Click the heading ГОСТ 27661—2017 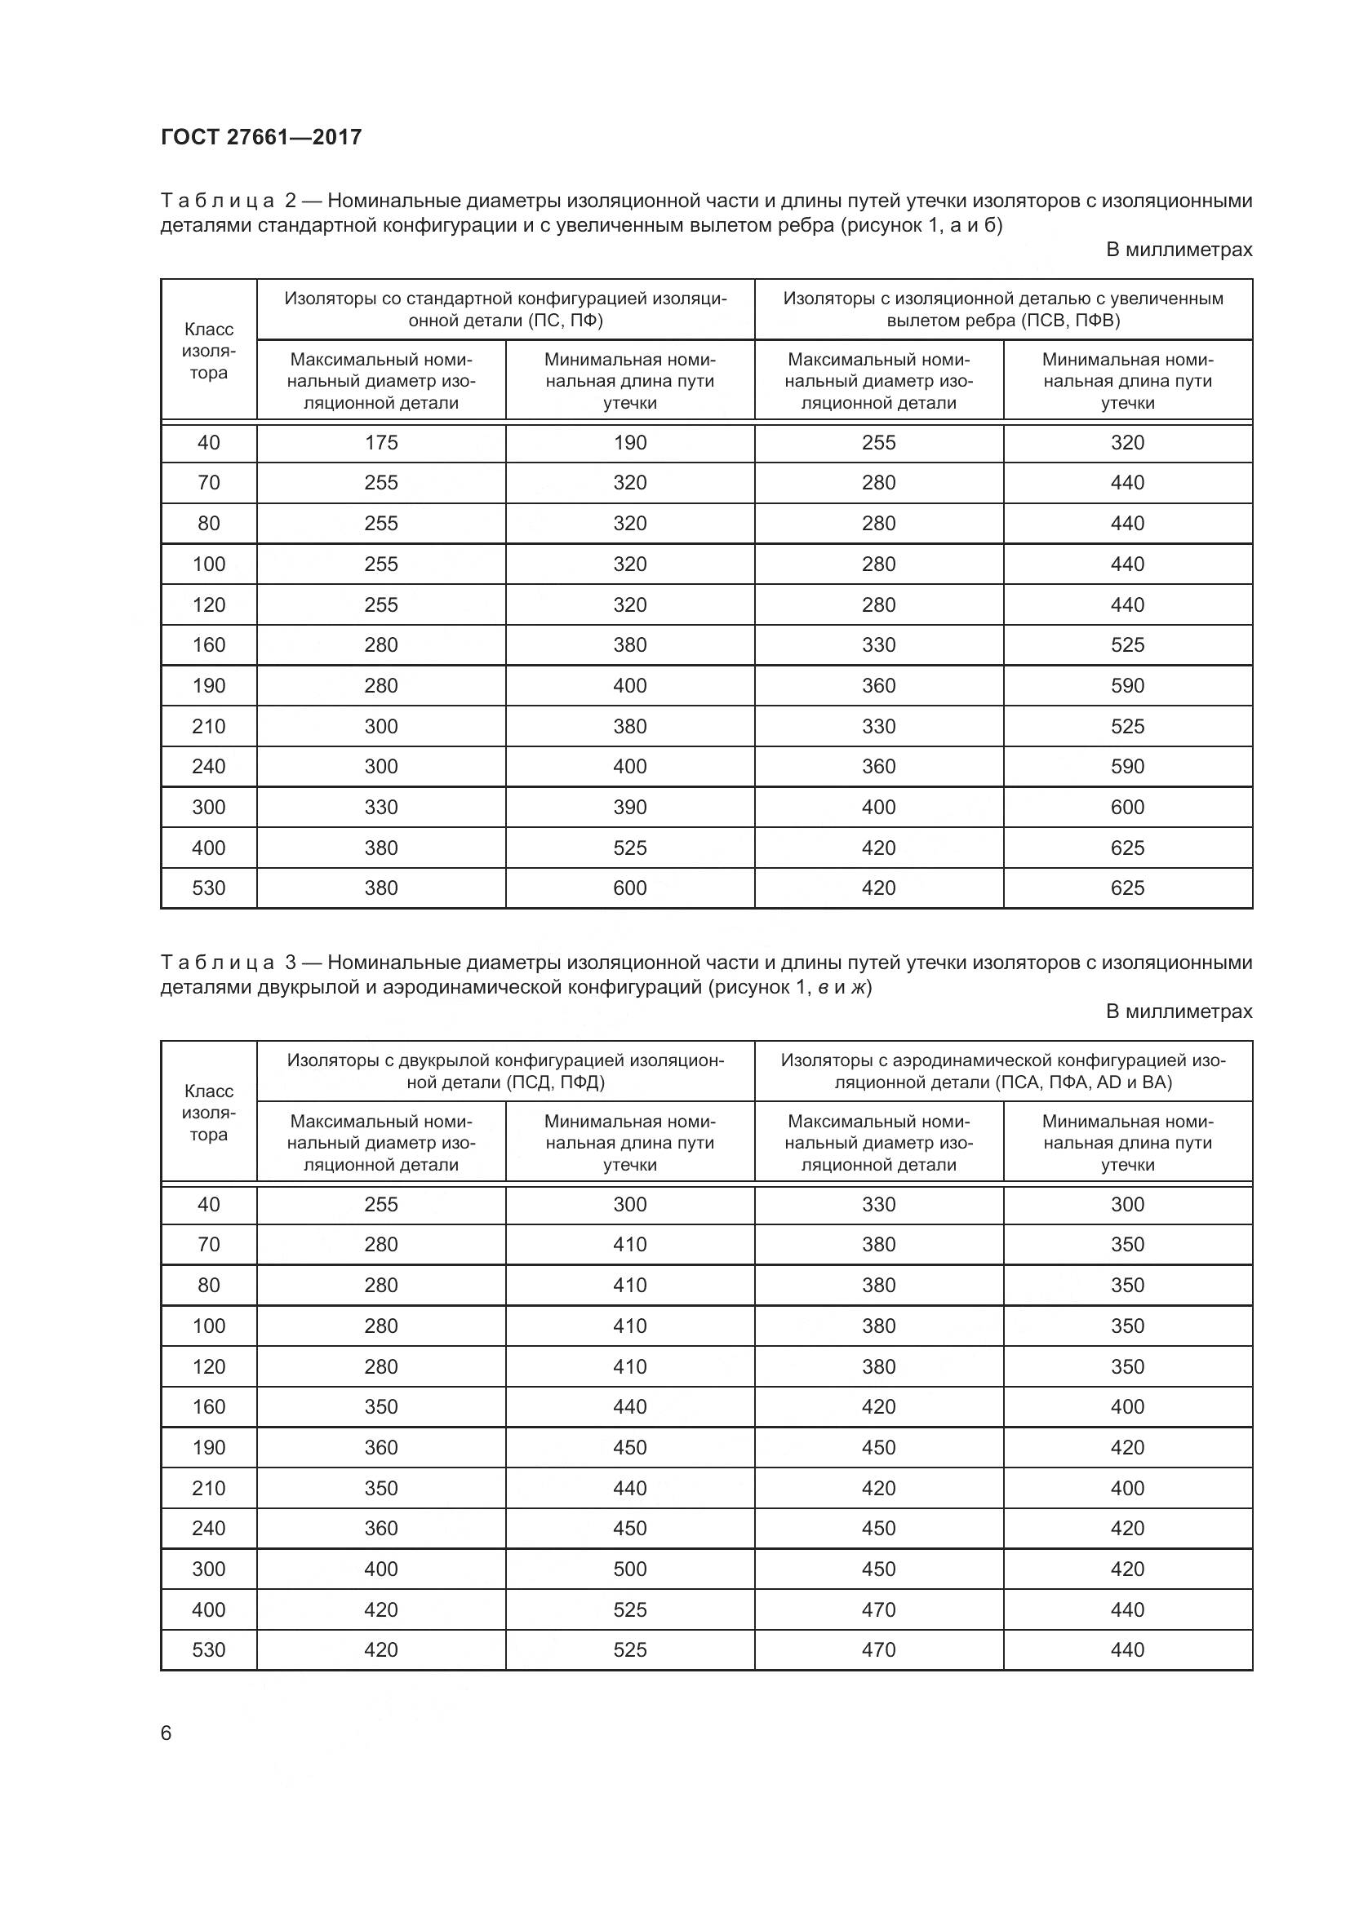click(x=261, y=137)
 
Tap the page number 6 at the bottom click(x=167, y=1733)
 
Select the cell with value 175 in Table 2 click(x=380, y=443)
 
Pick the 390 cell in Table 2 click(x=629, y=807)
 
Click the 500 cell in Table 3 click(x=629, y=1569)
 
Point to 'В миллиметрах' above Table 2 click(x=1178, y=250)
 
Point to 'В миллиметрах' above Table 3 click(x=1178, y=1012)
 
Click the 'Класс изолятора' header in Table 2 click(x=209, y=351)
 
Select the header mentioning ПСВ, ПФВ click(x=1002, y=309)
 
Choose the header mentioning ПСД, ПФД click(x=505, y=1071)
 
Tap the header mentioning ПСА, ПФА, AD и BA click(x=1002, y=1071)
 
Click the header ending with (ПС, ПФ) click(x=505, y=309)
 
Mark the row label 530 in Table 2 click(x=209, y=888)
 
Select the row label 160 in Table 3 click(x=209, y=1406)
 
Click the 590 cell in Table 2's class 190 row click(x=1127, y=685)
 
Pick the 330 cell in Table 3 click(x=879, y=1204)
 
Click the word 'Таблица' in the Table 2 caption click(x=218, y=201)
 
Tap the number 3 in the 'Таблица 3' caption click(x=290, y=963)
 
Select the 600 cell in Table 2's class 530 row click(x=629, y=888)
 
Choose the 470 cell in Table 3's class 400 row click(x=879, y=1609)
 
